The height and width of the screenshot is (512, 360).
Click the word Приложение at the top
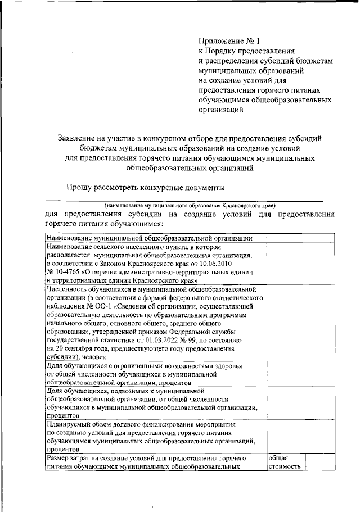[x=222, y=40]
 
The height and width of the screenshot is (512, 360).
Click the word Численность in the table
[x=67, y=286]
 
